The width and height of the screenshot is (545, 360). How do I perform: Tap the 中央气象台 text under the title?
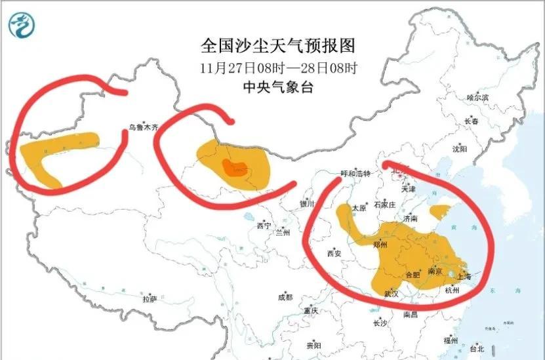(x=277, y=87)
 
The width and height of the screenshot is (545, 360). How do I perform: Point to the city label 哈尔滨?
(x=477, y=97)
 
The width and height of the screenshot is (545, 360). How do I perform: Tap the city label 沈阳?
(x=459, y=149)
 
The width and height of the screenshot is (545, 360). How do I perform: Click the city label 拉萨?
(x=150, y=299)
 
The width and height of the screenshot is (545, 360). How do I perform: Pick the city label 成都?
(x=285, y=297)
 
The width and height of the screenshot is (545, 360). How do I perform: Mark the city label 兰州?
(x=283, y=233)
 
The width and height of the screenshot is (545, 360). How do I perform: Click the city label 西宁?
(x=264, y=226)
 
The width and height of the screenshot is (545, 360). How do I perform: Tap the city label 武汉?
(x=392, y=294)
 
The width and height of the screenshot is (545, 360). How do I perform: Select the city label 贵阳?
(x=313, y=345)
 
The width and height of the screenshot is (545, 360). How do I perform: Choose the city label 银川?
(x=307, y=204)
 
